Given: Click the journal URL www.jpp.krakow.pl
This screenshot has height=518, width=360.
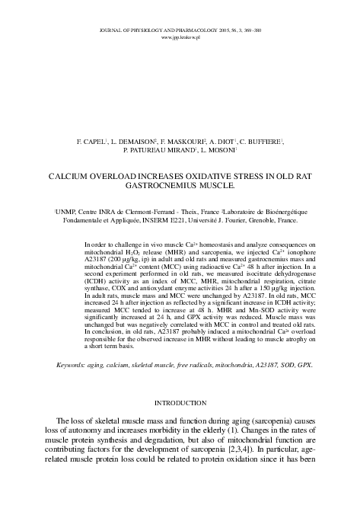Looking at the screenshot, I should pos(180,37).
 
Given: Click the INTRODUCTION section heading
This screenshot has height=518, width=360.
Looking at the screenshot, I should pos(180,401).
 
